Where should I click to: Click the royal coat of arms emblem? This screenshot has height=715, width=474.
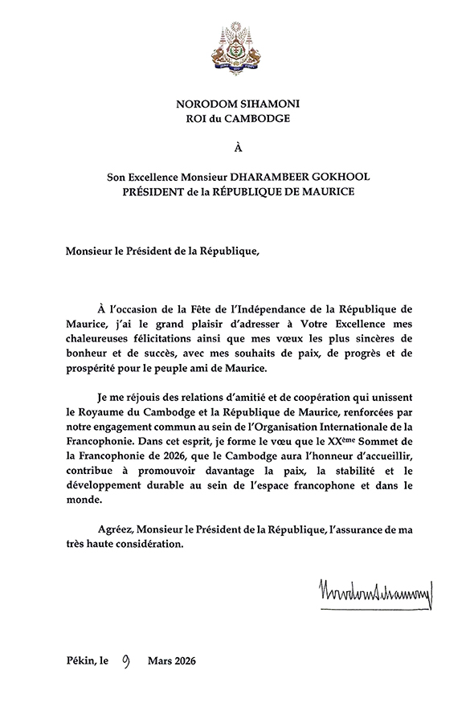point(236,49)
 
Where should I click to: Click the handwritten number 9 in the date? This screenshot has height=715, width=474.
point(126,661)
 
